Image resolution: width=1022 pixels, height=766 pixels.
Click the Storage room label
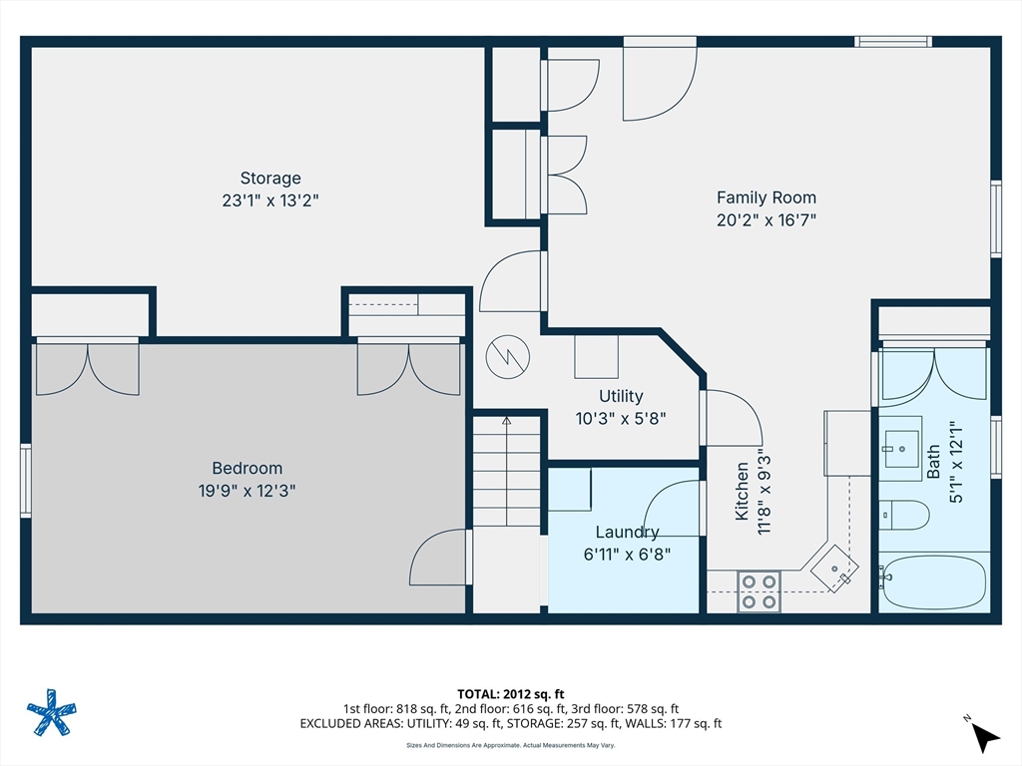click(269, 179)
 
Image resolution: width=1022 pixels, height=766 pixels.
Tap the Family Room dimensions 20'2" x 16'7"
click(766, 220)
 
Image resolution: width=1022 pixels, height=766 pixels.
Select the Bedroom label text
click(247, 468)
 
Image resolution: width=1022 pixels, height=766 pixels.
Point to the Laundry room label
click(627, 533)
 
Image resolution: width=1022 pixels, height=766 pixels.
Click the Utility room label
click(621, 396)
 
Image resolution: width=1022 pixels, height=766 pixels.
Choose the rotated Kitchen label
click(742, 492)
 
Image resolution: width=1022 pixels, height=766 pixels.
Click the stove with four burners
click(760, 591)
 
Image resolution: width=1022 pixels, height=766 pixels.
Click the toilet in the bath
click(904, 515)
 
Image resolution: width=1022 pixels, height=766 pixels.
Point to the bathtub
click(934, 582)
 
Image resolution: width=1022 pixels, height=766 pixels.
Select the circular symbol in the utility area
click(505, 355)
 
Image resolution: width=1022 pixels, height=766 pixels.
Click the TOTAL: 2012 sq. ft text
click(510, 693)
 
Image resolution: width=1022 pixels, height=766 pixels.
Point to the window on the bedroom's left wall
click(26, 481)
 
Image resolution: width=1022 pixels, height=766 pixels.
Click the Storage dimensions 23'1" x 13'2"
click(269, 200)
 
